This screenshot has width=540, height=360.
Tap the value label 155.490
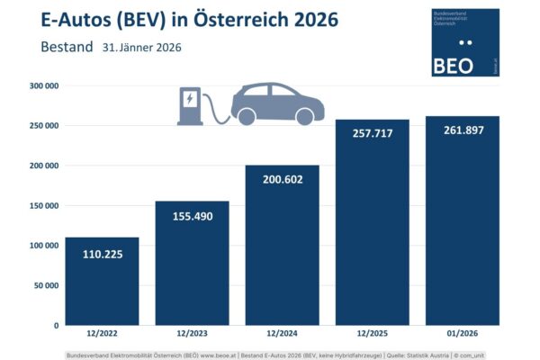tap(193, 218)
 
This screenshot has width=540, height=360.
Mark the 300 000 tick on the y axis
tap(43, 86)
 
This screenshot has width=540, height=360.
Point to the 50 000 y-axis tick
tap(45, 285)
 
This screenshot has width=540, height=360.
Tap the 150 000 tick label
tap(43, 205)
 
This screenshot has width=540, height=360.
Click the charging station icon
tap(191, 105)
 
